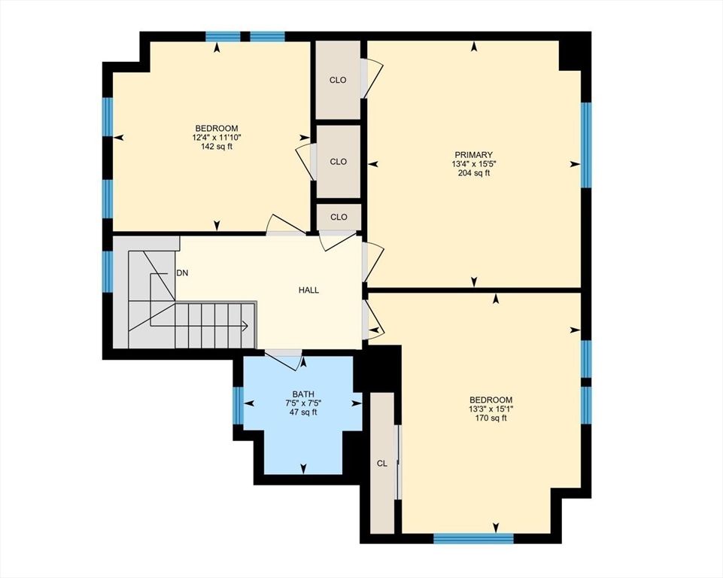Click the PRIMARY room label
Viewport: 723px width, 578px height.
point(473,155)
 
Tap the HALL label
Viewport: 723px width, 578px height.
point(308,290)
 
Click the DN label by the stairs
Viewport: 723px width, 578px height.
point(182,272)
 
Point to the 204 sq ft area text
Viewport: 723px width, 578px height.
point(473,173)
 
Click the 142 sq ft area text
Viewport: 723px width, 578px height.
point(217,146)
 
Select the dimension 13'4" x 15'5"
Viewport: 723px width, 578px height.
point(473,164)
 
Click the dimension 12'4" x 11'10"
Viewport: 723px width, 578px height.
point(217,137)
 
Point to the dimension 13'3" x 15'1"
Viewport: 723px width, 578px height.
point(491,409)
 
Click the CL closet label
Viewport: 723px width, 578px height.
point(382,463)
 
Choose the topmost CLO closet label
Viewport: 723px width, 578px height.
point(339,80)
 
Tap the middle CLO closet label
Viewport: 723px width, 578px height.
point(339,161)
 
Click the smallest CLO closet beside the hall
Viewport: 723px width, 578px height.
point(339,217)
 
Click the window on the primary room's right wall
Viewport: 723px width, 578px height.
point(586,144)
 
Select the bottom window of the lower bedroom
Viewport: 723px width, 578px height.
point(473,537)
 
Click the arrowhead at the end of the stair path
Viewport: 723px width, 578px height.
point(245,326)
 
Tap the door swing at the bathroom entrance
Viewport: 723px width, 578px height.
point(283,360)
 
